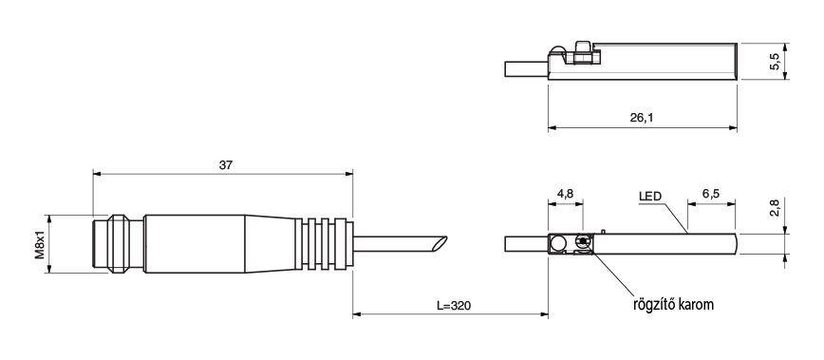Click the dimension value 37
point(225,165)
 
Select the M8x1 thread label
point(40,244)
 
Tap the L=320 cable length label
point(454,305)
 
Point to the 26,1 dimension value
point(642,118)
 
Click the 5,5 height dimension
point(775,62)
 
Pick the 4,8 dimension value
point(565,194)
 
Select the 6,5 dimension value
point(710,194)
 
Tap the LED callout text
point(650,197)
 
